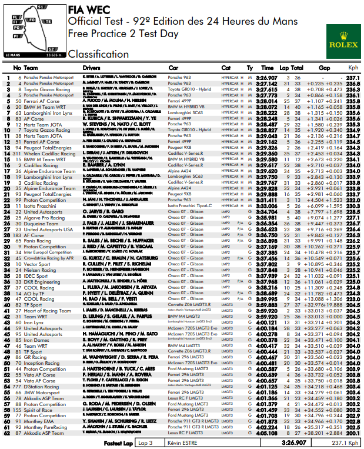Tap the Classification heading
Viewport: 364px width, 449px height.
point(98,54)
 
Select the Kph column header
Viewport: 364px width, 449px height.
point(353,68)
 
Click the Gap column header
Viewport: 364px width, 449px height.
point(324,68)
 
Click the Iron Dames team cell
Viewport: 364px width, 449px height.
point(36,340)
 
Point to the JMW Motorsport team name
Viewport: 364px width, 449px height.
point(42,392)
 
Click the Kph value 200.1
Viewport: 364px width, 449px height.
point(353,433)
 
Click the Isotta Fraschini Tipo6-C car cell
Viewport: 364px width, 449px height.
point(189,206)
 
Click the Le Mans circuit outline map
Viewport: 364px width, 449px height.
point(33,26)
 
